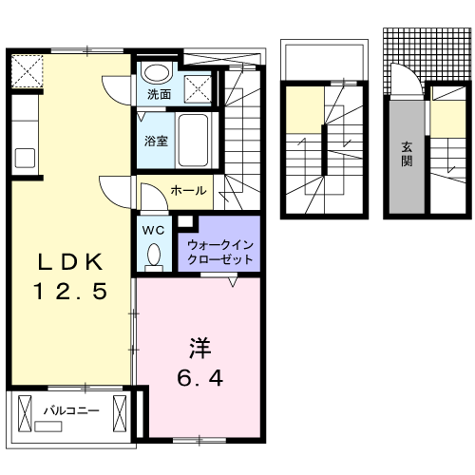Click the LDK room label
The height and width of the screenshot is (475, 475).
(x=68, y=263)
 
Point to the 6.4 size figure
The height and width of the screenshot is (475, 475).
(x=200, y=378)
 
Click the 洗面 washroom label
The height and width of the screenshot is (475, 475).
(x=159, y=95)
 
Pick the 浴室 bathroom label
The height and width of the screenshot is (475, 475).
(x=156, y=141)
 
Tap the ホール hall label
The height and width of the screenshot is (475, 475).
(x=188, y=191)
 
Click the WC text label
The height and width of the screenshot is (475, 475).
(x=154, y=229)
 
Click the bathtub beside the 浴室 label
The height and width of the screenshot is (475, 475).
(x=196, y=141)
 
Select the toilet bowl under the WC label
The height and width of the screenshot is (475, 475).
(x=153, y=254)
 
